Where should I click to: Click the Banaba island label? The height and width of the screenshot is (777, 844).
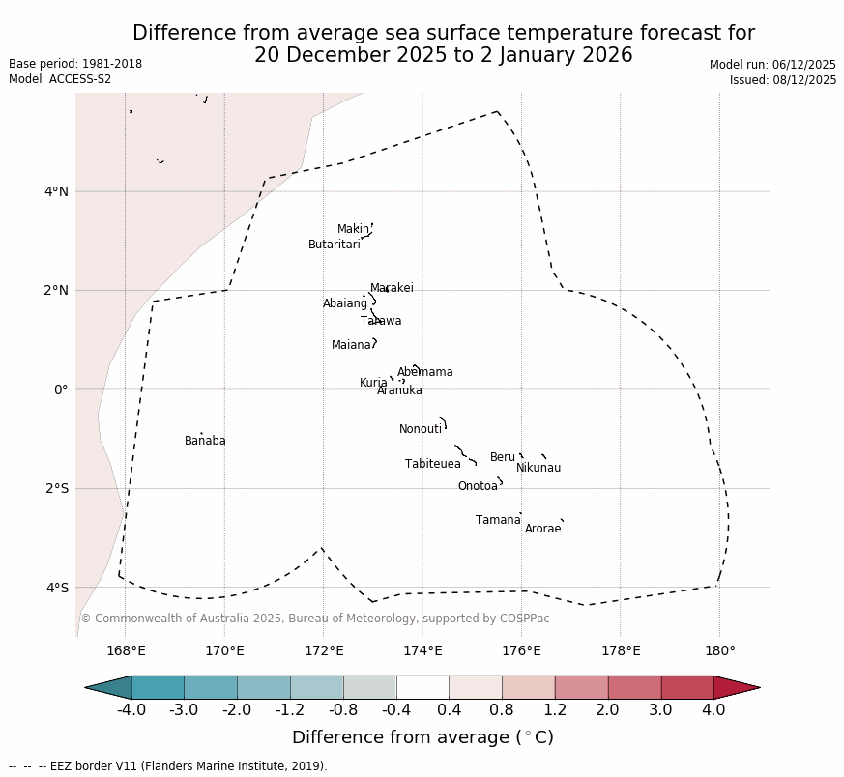point(205,441)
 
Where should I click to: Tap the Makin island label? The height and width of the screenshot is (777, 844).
point(353,229)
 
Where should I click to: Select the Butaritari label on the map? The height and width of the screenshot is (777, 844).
point(334,245)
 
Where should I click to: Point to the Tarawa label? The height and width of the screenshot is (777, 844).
point(381,321)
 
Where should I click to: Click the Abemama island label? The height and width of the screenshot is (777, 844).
point(424,372)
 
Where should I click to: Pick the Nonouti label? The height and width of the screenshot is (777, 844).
point(421,429)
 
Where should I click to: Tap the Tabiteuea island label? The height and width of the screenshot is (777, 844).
point(432,464)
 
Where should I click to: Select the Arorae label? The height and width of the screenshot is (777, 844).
point(542,529)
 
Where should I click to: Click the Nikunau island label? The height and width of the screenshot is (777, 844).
point(538,468)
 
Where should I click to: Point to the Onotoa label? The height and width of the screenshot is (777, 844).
point(478,486)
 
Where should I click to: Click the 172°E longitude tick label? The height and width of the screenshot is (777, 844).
point(324,650)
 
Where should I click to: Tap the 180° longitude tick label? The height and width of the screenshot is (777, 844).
point(719,650)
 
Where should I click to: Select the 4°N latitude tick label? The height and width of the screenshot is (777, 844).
point(56,191)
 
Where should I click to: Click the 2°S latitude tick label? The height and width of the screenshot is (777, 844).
point(56,488)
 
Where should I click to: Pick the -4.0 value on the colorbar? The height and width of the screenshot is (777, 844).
point(131,710)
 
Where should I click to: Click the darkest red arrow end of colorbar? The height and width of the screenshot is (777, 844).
point(740,687)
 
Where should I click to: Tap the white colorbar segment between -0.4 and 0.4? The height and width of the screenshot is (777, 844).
point(422,687)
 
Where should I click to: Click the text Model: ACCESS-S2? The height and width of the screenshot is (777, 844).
point(60,79)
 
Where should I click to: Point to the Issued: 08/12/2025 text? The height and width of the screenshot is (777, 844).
point(783,80)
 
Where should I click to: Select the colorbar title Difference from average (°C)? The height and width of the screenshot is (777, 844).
point(422,737)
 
